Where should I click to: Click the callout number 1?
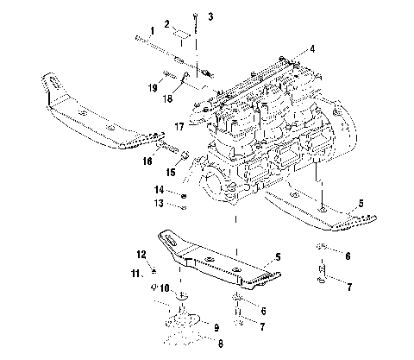tap(152, 30)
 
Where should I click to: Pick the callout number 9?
tap(216, 328)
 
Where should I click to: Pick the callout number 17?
tap(179, 123)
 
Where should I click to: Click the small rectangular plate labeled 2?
tap(182, 34)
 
